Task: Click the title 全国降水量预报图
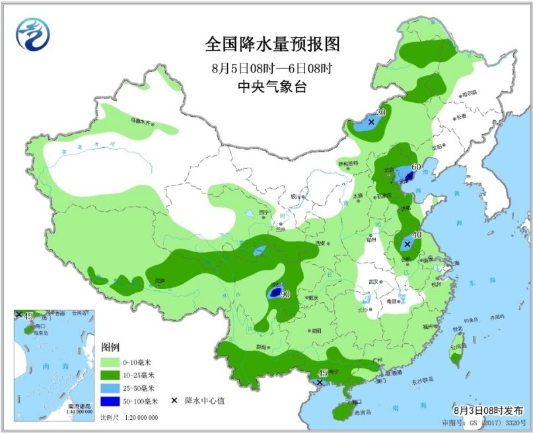271,44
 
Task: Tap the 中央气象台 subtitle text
271,86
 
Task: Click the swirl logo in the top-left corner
33,34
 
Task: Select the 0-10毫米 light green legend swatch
110,362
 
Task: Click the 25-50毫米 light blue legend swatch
110,388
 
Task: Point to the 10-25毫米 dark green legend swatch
110,375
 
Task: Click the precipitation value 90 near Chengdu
285,294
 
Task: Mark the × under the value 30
371,122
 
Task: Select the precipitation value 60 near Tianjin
416,166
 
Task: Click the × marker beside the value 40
407,244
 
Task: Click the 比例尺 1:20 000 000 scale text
129,418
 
